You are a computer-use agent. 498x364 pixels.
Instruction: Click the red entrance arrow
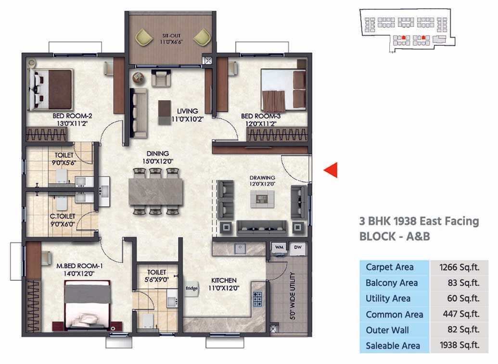point(331,170)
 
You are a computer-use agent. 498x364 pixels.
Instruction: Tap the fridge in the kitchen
point(192,289)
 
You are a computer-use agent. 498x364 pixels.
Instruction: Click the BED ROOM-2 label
point(72,116)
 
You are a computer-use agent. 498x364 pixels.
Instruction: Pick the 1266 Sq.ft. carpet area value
point(459,267)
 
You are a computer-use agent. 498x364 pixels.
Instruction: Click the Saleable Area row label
point(393,346)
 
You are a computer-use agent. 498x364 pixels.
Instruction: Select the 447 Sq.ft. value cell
point(459,314)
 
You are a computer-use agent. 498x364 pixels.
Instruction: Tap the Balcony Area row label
point(392,283)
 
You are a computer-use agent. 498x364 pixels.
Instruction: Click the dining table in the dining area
point(156,191)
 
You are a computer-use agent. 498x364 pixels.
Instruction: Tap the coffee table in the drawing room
point(262,198)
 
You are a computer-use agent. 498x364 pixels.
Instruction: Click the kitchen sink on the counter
point(238,249)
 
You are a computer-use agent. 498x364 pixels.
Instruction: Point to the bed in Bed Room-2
point(51,89)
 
